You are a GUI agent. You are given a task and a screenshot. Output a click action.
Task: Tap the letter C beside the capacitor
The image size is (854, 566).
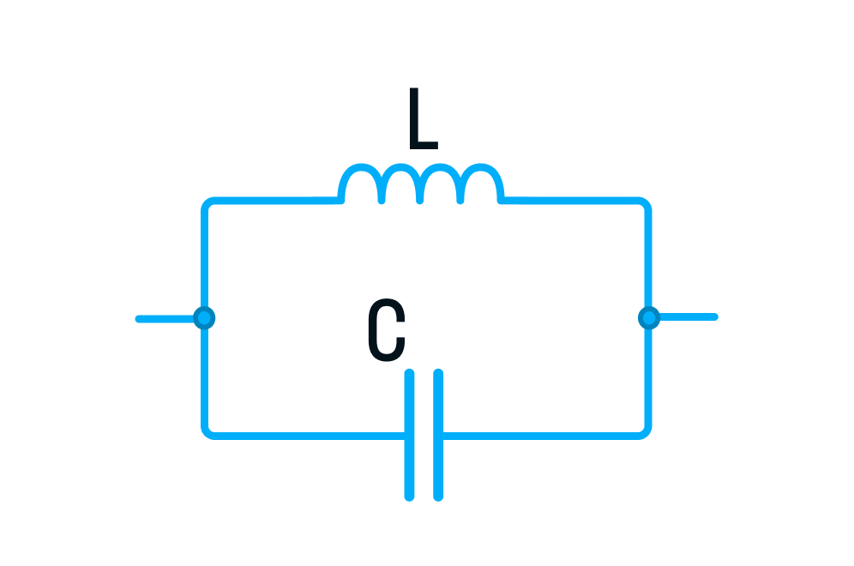386,330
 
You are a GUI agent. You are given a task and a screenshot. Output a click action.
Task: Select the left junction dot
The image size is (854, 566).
204,318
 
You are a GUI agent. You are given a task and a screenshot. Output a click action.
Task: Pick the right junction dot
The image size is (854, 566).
649,318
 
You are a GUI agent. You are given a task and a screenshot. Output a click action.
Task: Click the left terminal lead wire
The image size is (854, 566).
167,319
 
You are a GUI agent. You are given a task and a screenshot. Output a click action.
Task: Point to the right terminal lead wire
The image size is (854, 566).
687,317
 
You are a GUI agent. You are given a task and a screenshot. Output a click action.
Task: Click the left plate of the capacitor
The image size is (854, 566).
410,434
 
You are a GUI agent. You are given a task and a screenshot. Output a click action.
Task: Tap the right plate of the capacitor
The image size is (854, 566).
438,434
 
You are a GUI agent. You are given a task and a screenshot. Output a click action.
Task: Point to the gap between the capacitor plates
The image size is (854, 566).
424,434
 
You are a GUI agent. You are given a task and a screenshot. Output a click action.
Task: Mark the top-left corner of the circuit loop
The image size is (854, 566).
207,203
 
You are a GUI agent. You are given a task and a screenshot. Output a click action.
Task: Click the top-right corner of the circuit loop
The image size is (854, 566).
647,203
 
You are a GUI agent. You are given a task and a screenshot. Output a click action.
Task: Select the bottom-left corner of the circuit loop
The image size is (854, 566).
207,432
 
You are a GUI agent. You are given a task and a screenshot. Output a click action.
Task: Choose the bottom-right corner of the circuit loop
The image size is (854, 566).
647,432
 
